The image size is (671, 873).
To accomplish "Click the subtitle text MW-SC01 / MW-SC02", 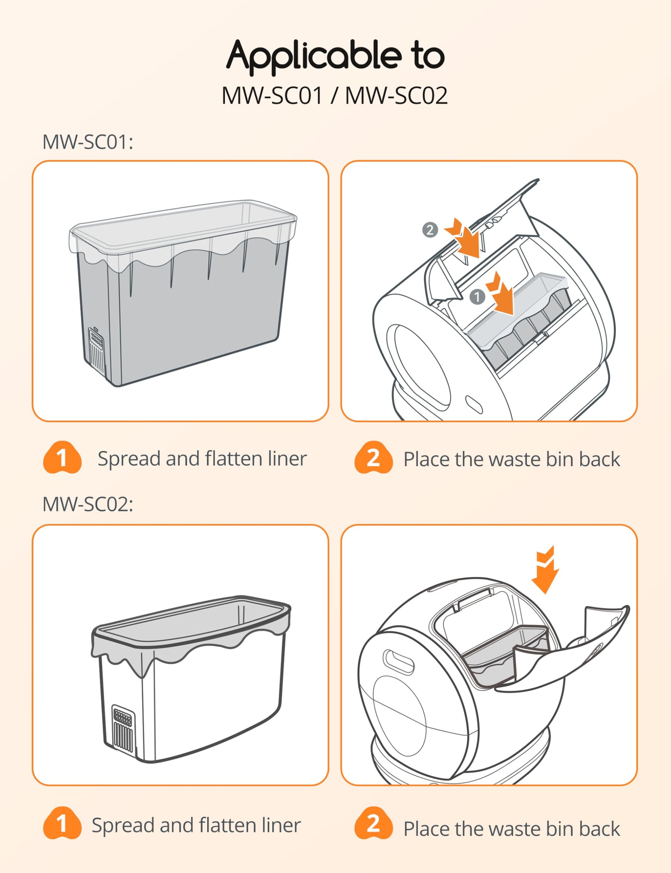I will (x=335, y=96).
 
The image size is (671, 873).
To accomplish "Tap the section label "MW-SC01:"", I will (x=88, y=142).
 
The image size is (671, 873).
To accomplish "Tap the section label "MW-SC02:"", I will (x=88, y=504).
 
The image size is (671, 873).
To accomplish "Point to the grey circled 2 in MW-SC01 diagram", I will (x=430, y=230).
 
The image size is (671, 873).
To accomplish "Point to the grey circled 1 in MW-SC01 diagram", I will (x=477, y=297).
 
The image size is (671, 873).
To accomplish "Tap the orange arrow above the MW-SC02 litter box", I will (x=547, y=570).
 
